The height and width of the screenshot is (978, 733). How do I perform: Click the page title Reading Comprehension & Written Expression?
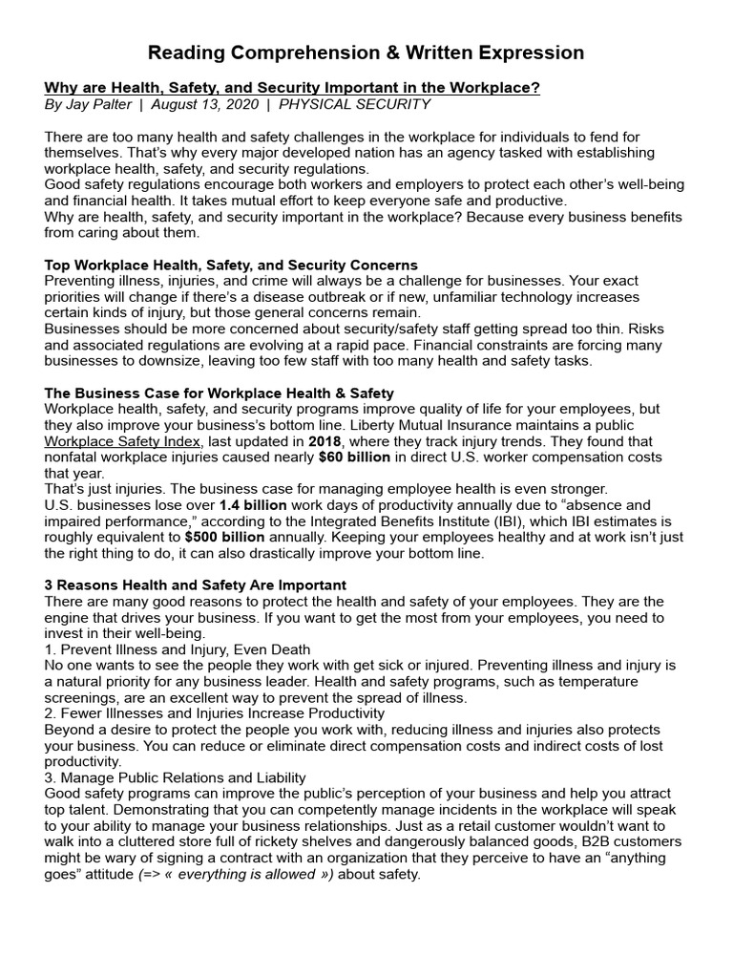click(366, 52)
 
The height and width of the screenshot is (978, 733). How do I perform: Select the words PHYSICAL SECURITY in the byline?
click(354, 104)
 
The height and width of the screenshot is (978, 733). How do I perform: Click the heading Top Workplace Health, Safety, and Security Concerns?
click(231, 265)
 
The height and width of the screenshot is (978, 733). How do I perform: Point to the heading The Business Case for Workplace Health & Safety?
click(219, 393)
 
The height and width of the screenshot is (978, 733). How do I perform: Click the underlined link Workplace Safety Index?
click(123, 441)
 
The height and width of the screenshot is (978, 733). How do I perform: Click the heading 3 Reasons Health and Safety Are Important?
click(196, 585)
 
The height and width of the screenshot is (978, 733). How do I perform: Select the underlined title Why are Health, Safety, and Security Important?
click(292, 88)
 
